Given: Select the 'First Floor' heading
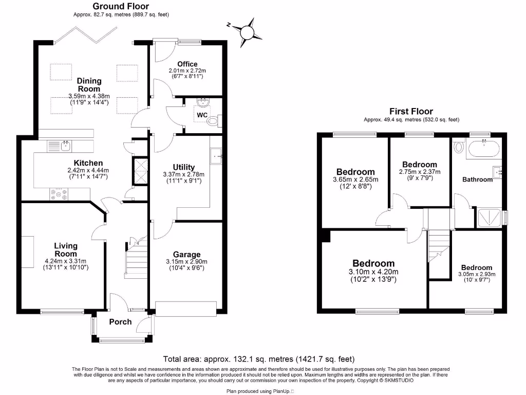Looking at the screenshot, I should pos(411,111).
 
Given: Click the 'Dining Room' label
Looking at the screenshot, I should pos(89,84).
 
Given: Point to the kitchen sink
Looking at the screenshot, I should pos(65,147).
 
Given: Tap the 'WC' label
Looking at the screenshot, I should pos(202,115).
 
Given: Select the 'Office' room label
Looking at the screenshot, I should pos(187,64).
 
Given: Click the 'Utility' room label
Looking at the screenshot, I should pos(183,167).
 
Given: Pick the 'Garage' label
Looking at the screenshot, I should pos(186,255).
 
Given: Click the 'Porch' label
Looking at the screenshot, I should pos(120,322).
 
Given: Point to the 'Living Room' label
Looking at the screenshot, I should pos(66,250).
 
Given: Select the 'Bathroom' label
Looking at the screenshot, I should pos(477,179).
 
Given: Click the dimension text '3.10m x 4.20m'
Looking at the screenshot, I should pos(373,272).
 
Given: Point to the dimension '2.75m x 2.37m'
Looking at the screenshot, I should pos(420,172).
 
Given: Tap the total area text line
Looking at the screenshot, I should pos(259,359).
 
